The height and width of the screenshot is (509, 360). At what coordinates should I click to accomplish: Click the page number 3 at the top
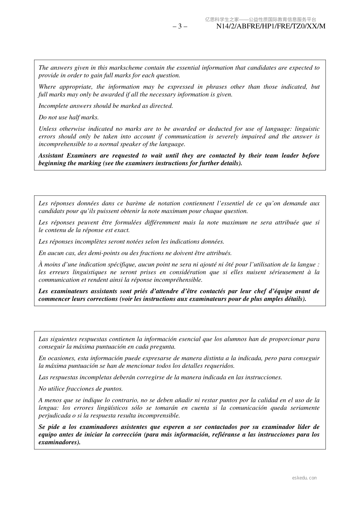coord(180,26)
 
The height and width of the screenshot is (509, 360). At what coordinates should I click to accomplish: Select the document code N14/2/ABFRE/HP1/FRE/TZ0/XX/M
coord(271,26)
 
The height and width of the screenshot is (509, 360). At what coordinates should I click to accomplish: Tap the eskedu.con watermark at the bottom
coord(304,478)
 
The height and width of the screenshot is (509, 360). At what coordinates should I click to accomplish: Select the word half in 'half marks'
coord(75,117)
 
